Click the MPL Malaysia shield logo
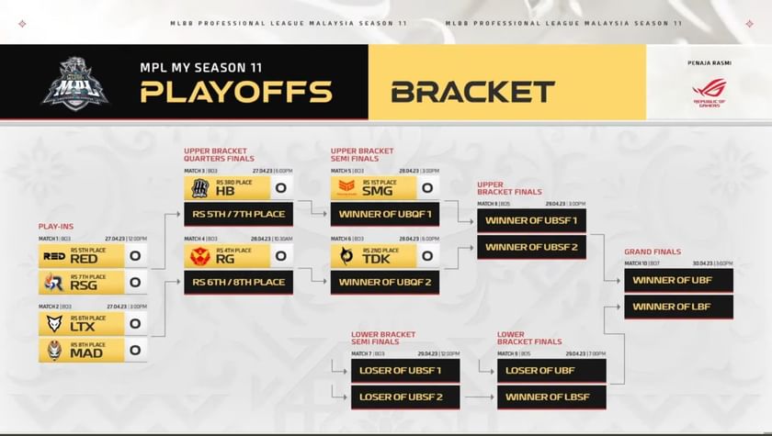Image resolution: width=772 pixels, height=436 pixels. click(75, 82)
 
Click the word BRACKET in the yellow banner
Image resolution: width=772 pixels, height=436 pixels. click(472, 92)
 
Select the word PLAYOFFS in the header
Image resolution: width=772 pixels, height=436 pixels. click(236, 92)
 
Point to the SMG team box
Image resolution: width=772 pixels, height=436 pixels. click(372, 188)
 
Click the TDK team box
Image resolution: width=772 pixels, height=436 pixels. click(372, 256)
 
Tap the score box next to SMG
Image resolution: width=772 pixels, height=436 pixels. click(426, 188)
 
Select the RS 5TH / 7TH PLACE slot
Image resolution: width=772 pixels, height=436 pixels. click(238, 215)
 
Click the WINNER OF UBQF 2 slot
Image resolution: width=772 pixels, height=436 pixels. click(384, 282)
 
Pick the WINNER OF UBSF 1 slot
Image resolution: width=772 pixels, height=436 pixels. click(531, 221)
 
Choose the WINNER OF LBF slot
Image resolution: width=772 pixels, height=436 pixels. click(678, 307)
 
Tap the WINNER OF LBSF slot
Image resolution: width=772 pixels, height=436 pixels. click(551, 397)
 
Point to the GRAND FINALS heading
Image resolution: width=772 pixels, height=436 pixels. click(653, 252)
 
